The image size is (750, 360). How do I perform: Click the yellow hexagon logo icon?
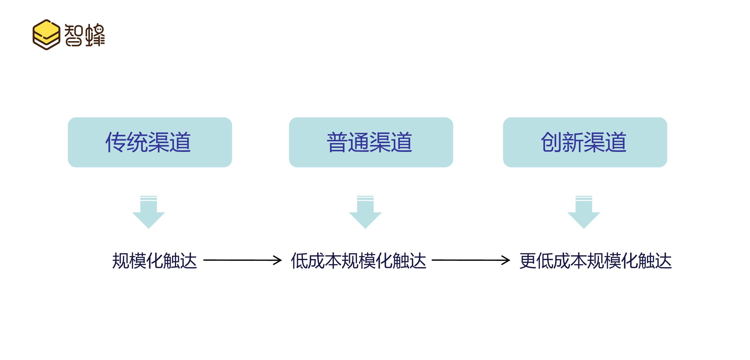(x=46, y=35)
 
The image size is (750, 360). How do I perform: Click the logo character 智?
(x=73, y=35)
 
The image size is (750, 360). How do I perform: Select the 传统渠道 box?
(x=150, y=142)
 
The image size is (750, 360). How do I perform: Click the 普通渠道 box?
(x=371, y=142)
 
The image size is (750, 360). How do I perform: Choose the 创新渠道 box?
(x=585, y=142)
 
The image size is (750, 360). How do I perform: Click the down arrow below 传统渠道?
(x=148, y=213)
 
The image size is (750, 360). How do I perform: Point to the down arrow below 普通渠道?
(x=365, y=213)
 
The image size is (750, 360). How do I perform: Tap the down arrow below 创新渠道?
(x=583, y=213)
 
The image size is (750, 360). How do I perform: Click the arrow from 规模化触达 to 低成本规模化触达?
(x=242, y=260)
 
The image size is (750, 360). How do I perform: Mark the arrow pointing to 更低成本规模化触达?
(x=471, y=260)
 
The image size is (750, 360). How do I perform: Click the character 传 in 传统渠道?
(x=116, y=142)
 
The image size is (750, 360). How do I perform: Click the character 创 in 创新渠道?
(x=551, y=142)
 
